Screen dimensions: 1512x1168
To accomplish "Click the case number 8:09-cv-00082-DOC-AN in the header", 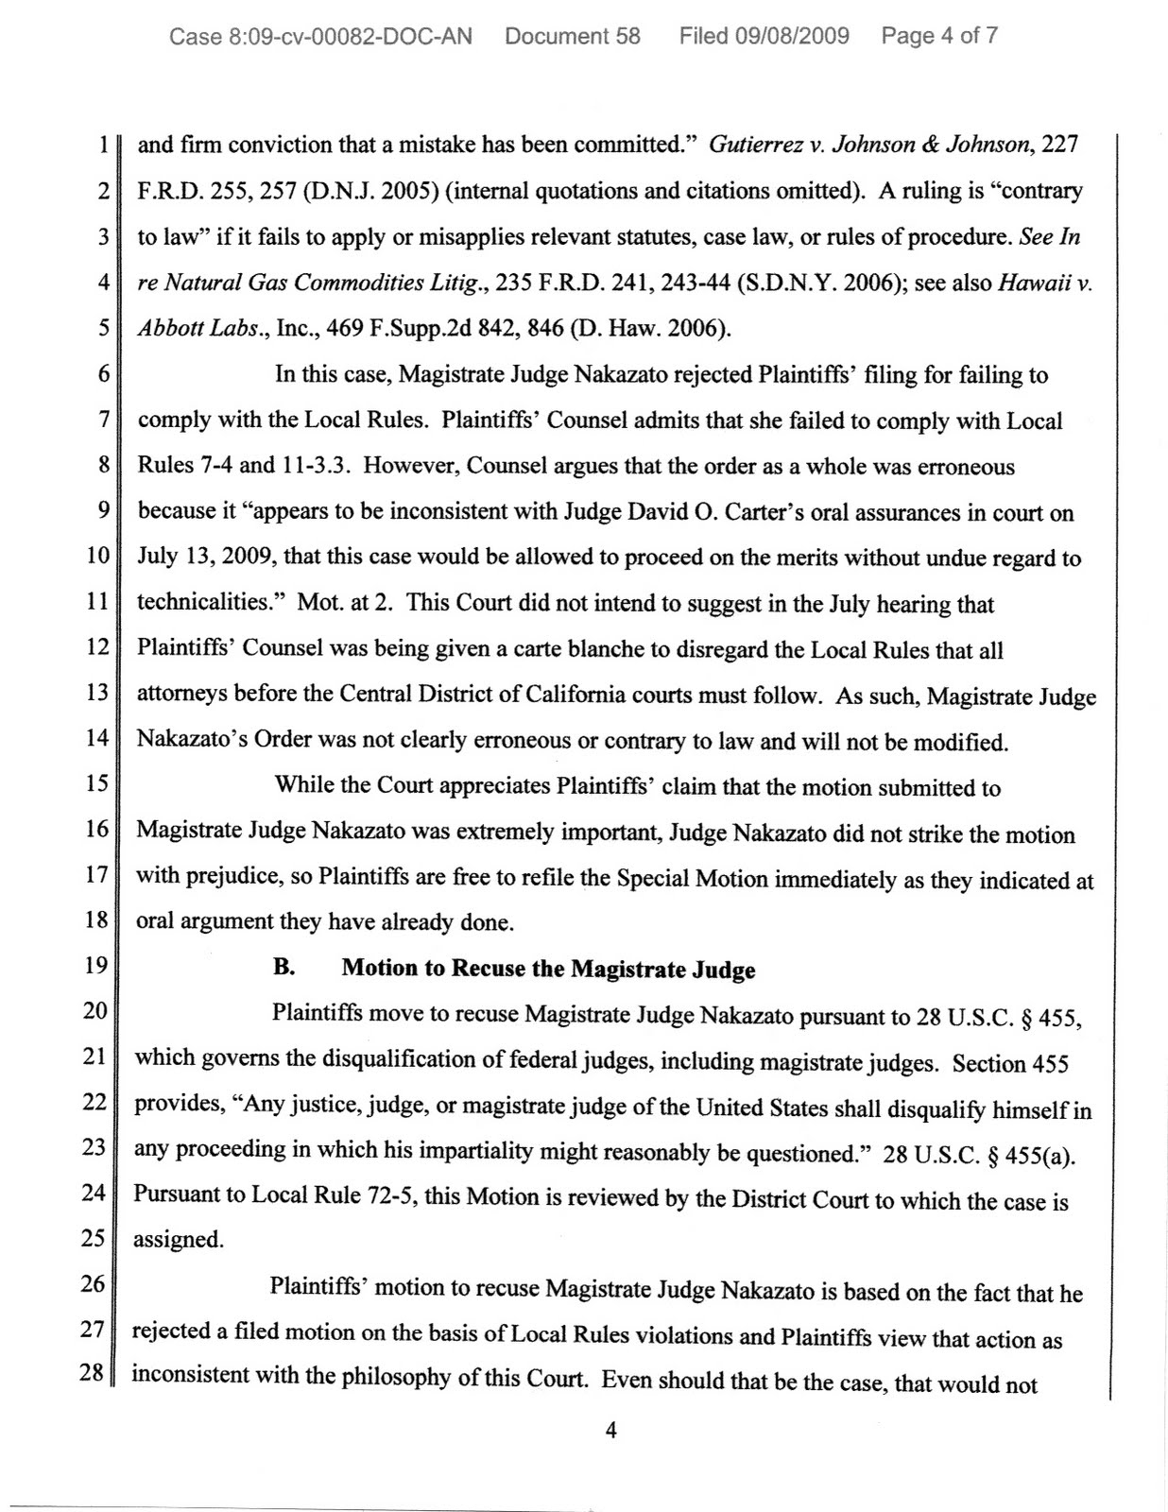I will point(320,37).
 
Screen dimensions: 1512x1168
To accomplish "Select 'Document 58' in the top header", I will point(573,37).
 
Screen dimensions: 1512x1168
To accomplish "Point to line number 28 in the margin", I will point(92,1373).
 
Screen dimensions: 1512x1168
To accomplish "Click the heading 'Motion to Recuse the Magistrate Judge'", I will point(548,969).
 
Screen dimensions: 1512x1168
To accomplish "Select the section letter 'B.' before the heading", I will point(284,968).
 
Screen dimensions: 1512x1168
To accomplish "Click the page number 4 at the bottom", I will point(610,1430).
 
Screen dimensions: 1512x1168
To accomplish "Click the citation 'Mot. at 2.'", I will point(346,603).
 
